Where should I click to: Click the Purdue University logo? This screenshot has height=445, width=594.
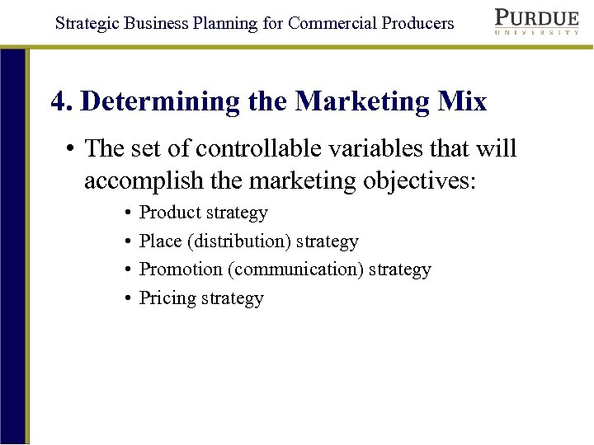[x=537, y=22]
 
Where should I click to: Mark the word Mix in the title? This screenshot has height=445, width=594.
[x=463, y=101]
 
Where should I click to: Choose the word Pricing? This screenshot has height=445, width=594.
[x=167, y=298]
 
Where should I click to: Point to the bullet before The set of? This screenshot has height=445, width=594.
[x=73, y=149]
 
